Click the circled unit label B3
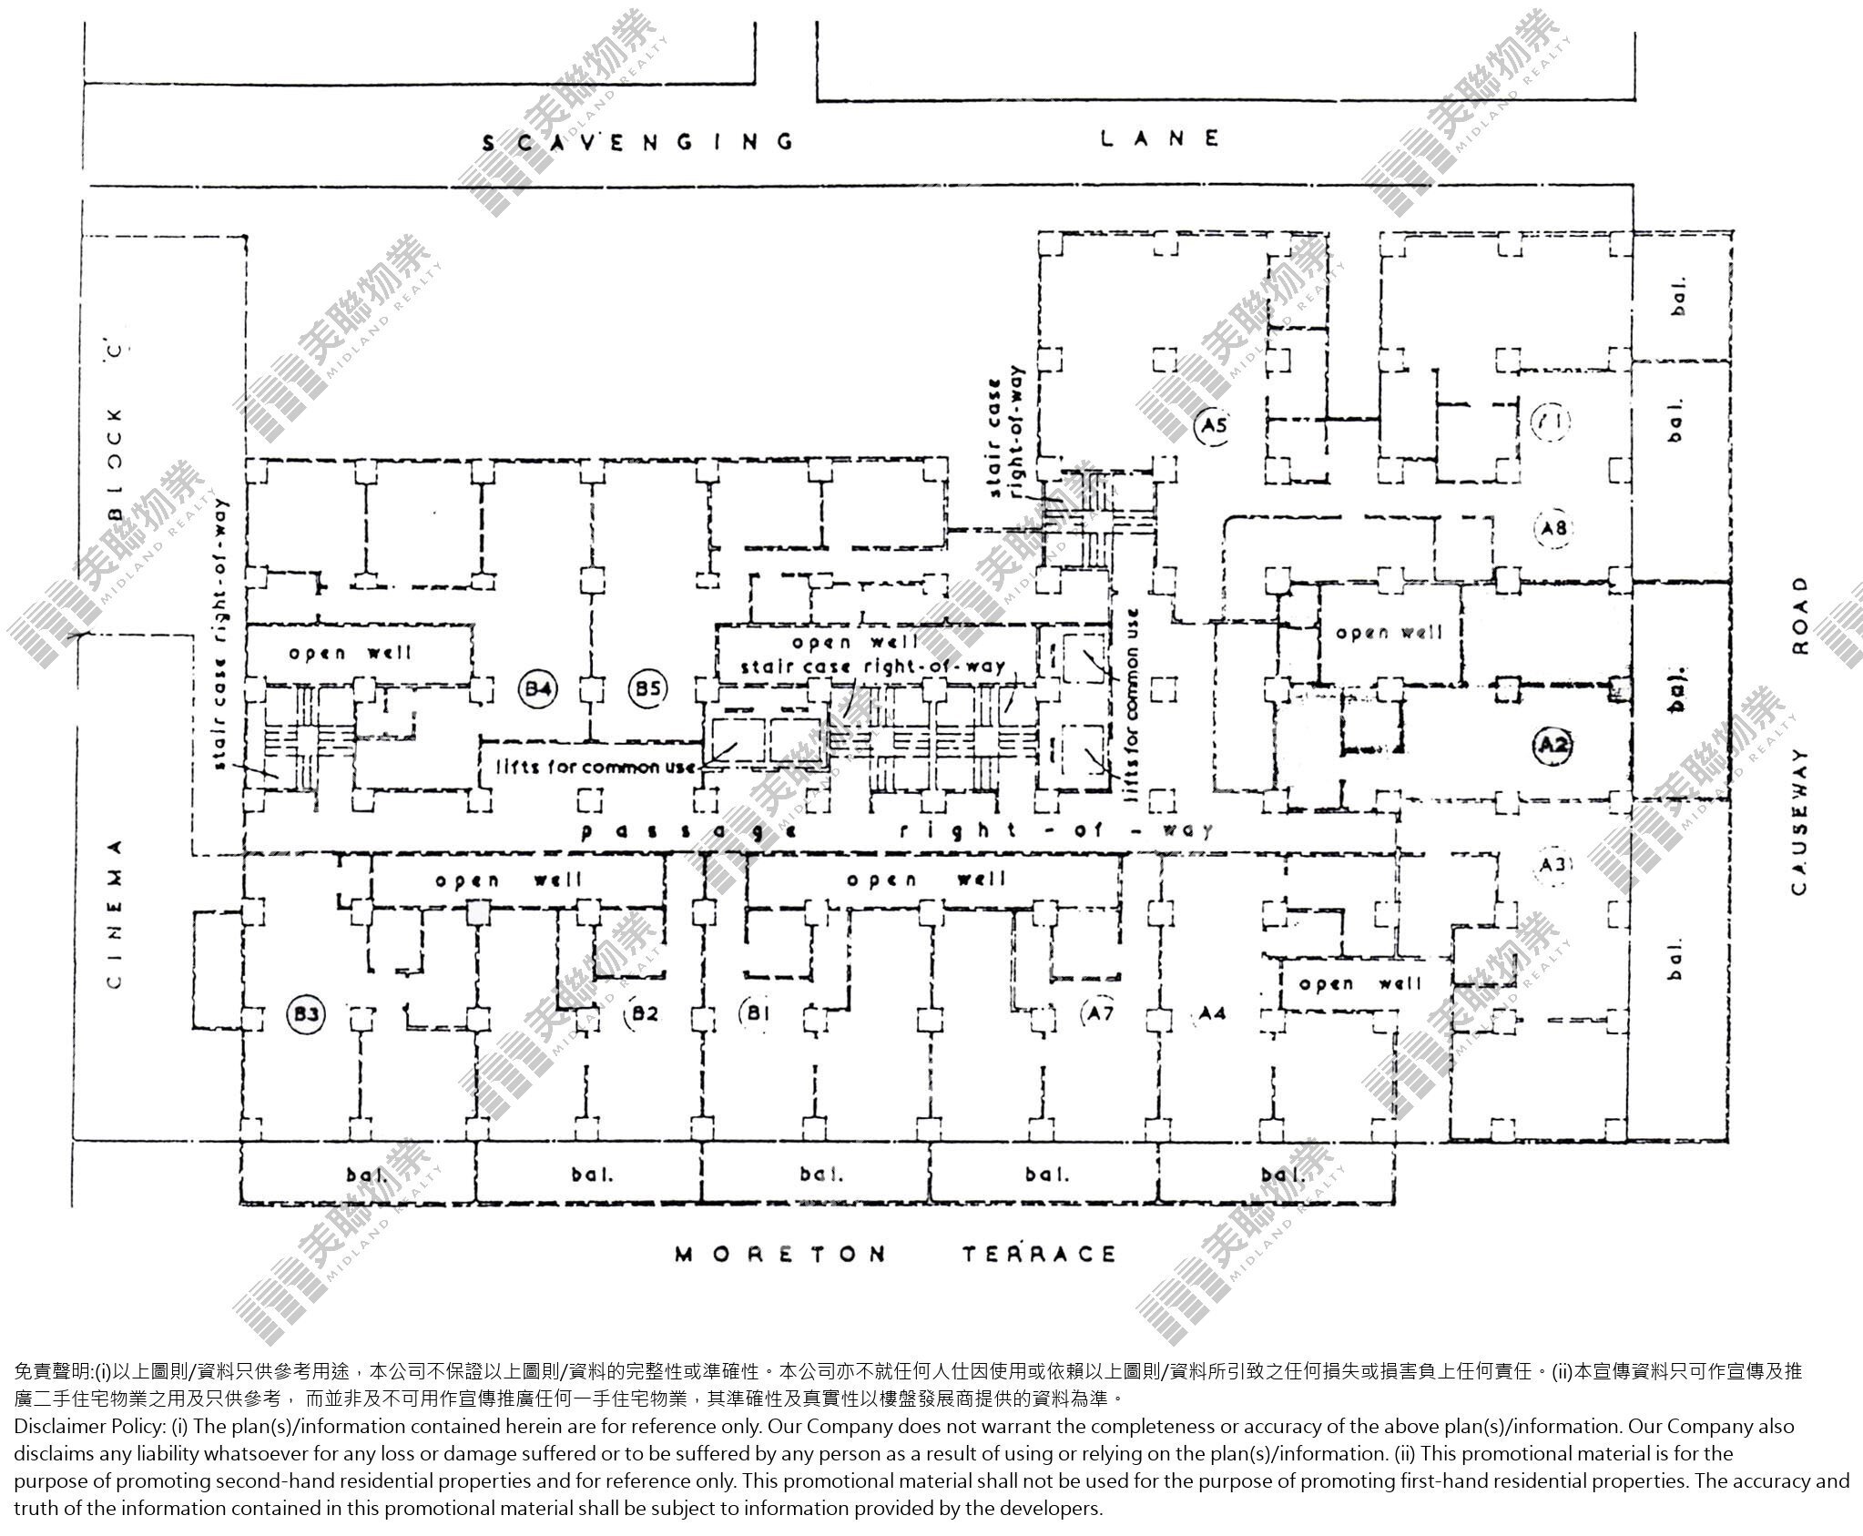coord(306,1013)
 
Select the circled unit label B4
coord(537,689)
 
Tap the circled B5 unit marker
coord(647,689)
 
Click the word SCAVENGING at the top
coord(637,142)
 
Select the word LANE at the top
coord(1160,138)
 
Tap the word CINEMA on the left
coord(115,913)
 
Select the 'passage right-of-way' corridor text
coord(897,830)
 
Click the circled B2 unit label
coord(643,1012)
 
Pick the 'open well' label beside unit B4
coord(351,653)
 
